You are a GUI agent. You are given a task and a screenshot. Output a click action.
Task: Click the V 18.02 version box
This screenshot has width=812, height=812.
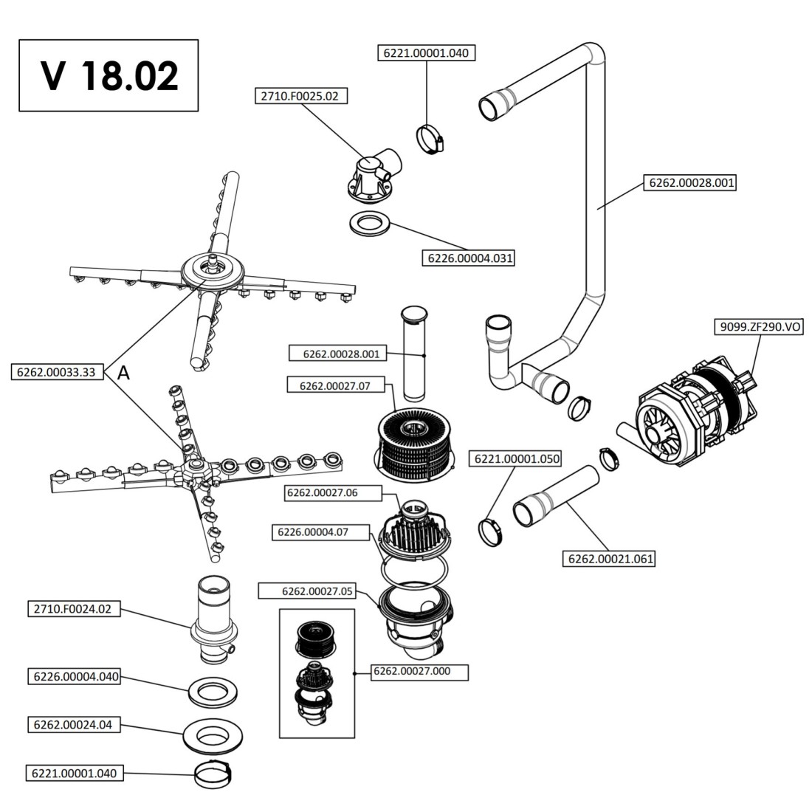[x=109, y=75]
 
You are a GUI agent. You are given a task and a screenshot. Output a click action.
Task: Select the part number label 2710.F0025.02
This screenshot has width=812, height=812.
[x=302, y=96]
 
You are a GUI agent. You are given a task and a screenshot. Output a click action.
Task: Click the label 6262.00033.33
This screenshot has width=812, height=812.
[x=57, y=372]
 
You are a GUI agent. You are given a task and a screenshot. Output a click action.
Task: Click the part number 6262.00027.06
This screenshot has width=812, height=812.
[x=325, y=492]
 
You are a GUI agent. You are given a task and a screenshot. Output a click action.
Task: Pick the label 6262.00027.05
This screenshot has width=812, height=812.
[x=317, y=591]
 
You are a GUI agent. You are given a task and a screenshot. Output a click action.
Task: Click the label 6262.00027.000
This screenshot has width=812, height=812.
[x=421, y=671]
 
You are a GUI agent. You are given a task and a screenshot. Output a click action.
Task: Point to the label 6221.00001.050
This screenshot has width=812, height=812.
[x=517, y=459]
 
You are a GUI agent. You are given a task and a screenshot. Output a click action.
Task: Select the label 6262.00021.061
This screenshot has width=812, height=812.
[x=609, y=559]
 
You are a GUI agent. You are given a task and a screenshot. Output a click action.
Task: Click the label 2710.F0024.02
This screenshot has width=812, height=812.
[x=73, y=610]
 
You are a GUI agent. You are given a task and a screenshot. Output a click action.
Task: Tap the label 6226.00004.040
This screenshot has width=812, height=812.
[x=75, y=676]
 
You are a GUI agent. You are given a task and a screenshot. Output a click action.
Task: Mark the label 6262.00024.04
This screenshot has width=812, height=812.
[x=72, y=725]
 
